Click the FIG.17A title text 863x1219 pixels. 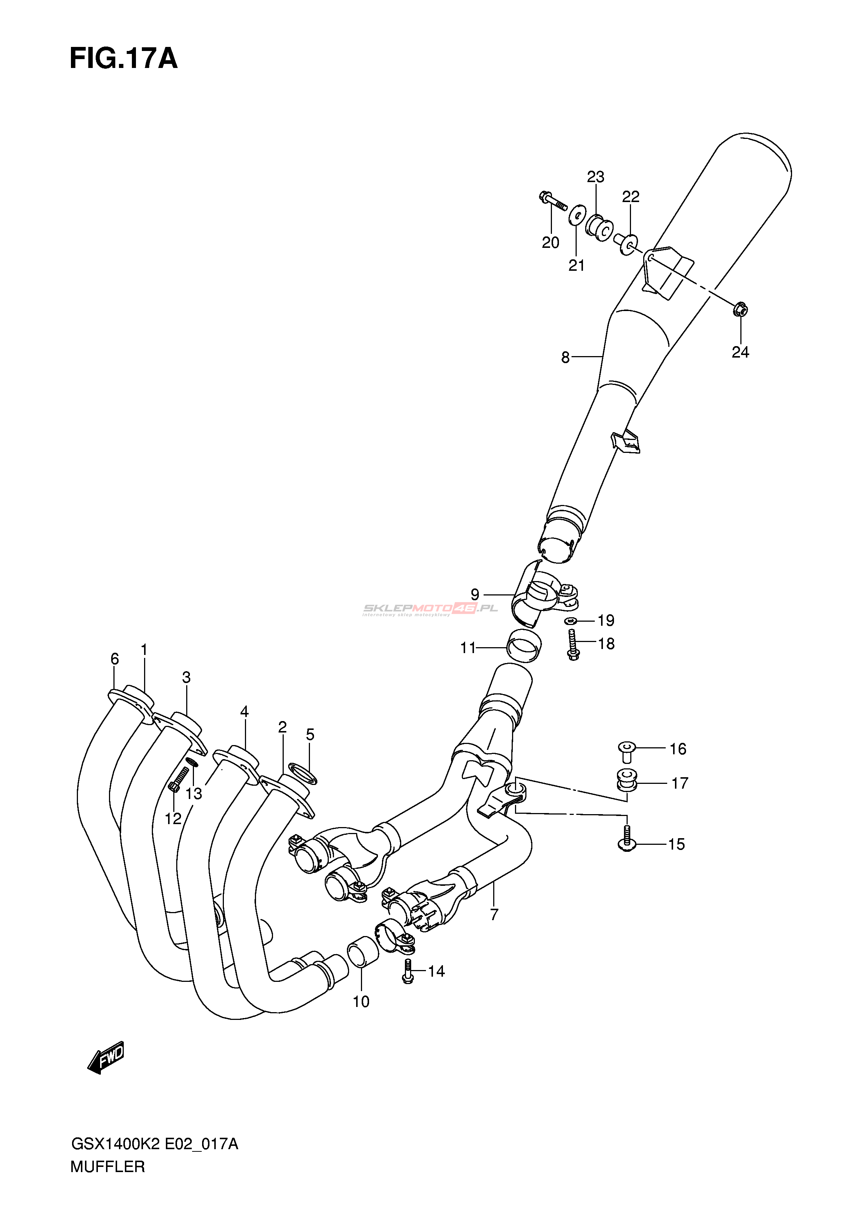pyautogui.click(x=123, y=59)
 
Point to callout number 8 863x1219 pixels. pyautogui.click(x=565, y=358)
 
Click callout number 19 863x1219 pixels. pyautogui.click(x=606, y=620)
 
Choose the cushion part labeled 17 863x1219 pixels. pyautogui.click(x=627, y=779)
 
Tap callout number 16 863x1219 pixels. pyautogui.click(x=678, y=749)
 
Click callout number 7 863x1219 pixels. pyautogui.click(x=494, y=915)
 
